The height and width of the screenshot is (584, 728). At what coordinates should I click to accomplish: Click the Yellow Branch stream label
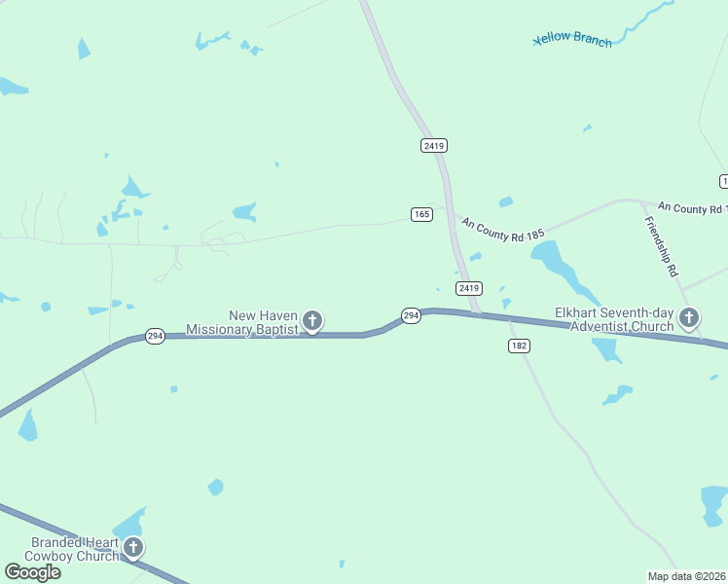point(573,41)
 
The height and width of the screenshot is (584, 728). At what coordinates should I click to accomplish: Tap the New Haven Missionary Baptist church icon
point(312,320)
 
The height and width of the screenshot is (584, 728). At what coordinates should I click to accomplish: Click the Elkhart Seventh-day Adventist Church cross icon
point(689,317)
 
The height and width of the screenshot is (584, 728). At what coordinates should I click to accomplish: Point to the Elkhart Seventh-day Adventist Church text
point(614,319)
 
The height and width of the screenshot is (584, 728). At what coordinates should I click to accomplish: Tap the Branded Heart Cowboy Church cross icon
point(133,548)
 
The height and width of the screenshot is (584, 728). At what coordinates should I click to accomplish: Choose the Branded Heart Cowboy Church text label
point(75,549)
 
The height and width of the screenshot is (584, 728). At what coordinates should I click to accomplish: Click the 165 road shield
point(421,214)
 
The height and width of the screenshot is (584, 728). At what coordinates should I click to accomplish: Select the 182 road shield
point(518,347)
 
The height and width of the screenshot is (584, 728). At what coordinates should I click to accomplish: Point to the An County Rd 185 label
point(503,230)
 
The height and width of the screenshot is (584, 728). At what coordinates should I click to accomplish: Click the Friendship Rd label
point(661,247)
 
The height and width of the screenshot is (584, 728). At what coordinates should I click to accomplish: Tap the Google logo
point(32,571)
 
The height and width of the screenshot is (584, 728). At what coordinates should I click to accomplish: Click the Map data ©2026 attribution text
point(687,576)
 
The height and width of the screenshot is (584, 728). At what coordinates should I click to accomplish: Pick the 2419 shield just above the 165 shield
point(434,145)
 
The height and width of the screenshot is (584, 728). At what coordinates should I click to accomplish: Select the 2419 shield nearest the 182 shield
point(469,288)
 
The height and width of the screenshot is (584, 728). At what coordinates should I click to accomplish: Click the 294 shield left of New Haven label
point(154,335)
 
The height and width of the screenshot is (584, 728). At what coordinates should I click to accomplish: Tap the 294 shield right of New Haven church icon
point(411,315)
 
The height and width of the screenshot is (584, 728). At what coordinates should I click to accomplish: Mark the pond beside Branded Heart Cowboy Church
point(129,523)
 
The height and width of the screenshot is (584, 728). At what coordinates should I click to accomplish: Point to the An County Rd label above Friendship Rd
point(692,207)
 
